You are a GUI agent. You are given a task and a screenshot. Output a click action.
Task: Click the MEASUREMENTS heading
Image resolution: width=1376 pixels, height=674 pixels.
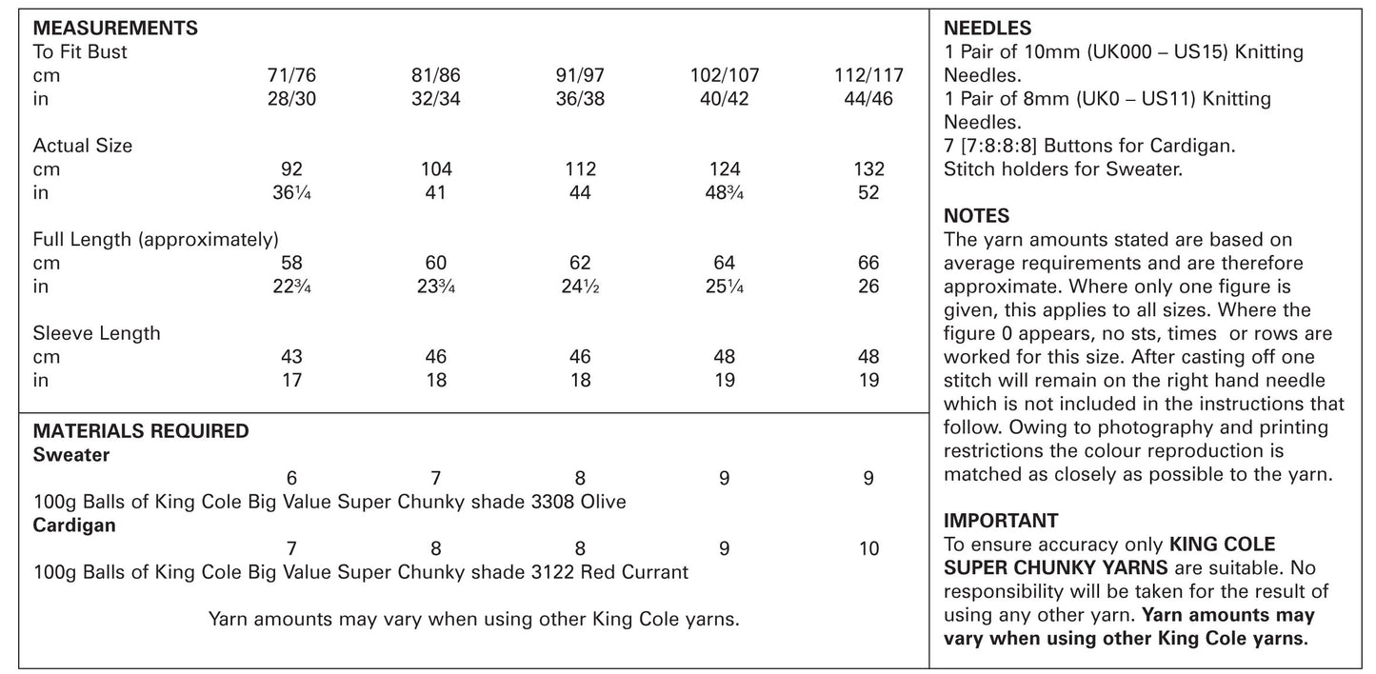115,29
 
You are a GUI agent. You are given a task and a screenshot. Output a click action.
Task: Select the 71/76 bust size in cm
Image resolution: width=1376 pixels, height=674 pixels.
291,76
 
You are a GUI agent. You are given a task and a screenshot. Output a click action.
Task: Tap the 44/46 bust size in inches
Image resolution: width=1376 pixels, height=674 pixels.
868,99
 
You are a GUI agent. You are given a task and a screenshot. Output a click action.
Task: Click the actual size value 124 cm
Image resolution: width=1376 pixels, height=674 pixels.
724,169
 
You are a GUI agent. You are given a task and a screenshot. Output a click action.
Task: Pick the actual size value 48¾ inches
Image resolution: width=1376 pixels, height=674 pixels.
724,193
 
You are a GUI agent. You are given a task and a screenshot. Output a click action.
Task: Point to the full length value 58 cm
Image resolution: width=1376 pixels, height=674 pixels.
291,264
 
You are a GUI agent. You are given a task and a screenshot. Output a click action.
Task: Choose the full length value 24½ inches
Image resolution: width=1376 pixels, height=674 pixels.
580,287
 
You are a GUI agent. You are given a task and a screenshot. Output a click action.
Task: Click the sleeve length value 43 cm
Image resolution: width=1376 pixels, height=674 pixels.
291,357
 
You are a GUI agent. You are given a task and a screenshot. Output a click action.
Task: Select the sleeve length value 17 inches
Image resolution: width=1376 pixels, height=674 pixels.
291,381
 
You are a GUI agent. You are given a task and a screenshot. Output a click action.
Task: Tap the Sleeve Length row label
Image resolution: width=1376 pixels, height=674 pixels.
96,333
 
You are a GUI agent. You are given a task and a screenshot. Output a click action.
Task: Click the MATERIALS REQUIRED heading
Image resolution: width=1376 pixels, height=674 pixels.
141,431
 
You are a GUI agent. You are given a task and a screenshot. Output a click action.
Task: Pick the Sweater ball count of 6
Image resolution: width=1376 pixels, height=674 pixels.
291,479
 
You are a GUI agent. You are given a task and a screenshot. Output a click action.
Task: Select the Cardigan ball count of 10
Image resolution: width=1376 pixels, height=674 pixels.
868,549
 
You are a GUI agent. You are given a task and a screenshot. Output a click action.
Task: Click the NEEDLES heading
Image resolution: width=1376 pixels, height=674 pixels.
987,30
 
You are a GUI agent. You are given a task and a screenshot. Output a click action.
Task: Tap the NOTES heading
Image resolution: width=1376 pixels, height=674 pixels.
976,217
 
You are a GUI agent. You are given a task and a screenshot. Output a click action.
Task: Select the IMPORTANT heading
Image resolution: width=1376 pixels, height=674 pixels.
1001,521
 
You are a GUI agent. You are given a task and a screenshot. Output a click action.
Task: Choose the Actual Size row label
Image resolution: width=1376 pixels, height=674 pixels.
83,146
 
